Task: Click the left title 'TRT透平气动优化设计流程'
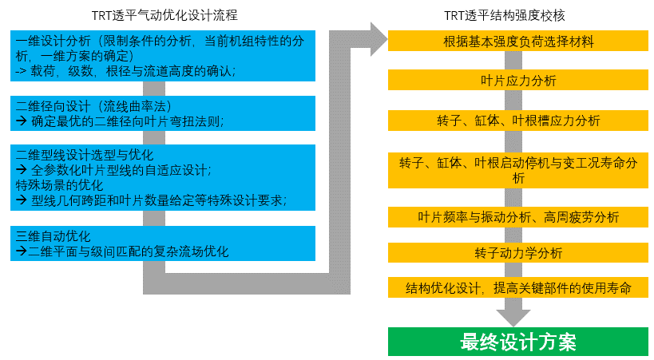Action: point(164,15)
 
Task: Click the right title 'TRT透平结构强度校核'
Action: point(504,15)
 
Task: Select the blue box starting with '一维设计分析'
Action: point(163,56)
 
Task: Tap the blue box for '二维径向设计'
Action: point(163,113)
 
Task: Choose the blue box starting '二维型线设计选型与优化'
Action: point(163,178)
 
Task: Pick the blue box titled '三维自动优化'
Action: point(163,243)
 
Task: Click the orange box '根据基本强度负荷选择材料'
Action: point(518,41)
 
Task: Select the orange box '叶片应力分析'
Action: point(518,80)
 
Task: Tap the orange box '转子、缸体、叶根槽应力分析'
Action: point(518,121)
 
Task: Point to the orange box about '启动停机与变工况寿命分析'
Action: point(518,170)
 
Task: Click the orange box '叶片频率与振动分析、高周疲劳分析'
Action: point(518,217)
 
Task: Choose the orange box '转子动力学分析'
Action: point(518,252)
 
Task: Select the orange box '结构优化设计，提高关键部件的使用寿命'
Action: point(518,287)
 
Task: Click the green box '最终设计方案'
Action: point(518,342)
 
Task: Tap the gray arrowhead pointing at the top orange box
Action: point(379,40)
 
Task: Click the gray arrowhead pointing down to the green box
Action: point(513,318)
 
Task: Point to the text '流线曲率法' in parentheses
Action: point(134,106)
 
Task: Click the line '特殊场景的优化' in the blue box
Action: point(59,185)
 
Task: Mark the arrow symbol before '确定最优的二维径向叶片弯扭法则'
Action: point(22,121)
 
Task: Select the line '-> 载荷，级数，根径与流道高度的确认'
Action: point(125,71)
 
